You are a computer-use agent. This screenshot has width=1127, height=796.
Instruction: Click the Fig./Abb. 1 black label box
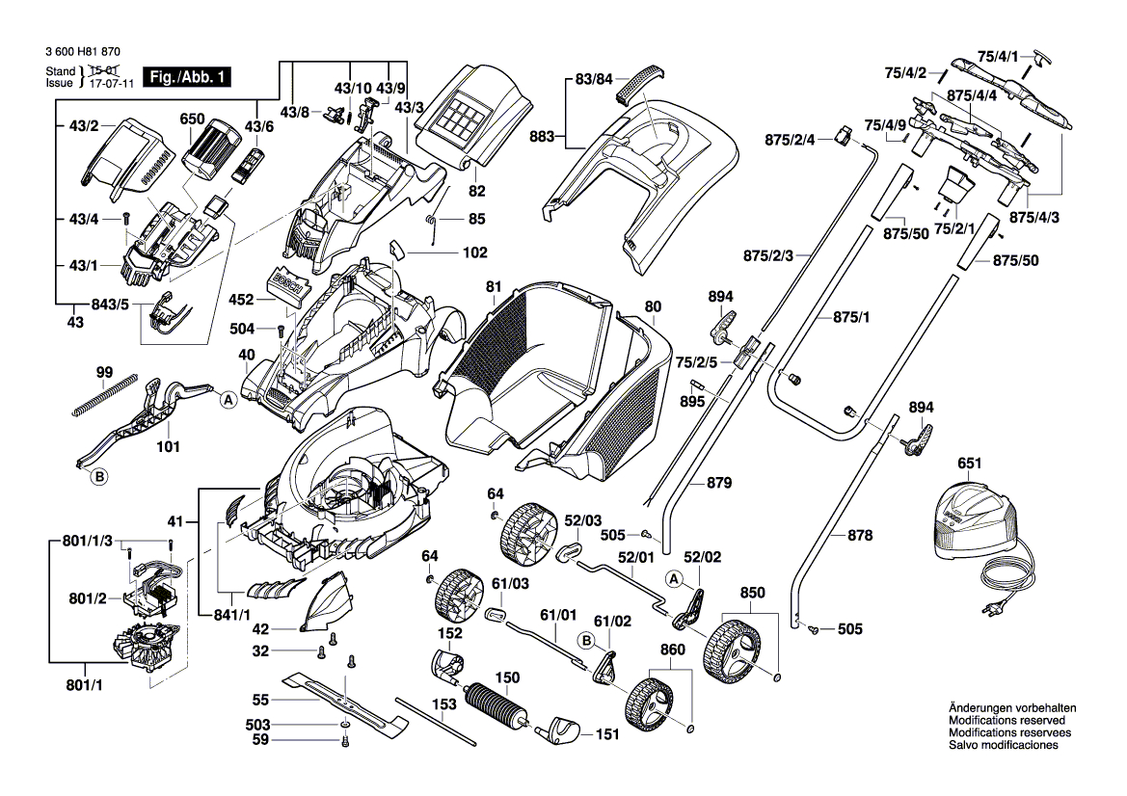coord(186,77)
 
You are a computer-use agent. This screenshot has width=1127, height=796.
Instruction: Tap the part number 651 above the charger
coord(970,464)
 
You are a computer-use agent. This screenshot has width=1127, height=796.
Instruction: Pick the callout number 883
coord(544,137)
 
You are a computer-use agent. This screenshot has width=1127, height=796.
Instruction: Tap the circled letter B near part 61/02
coord(584,638)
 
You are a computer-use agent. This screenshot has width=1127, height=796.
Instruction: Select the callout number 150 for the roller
coord(507,677)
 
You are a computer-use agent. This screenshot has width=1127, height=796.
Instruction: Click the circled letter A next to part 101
coord(228,400)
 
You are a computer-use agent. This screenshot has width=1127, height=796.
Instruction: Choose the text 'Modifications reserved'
coord(1006,721)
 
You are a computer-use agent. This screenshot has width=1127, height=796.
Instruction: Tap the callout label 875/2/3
coord(767,255)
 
